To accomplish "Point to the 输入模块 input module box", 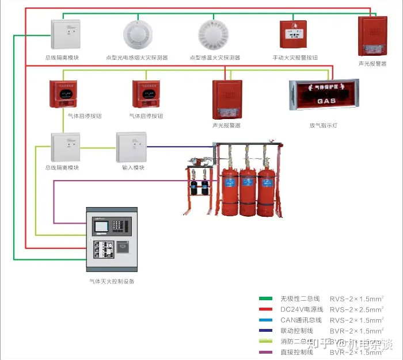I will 132,147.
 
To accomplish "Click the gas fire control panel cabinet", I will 112,239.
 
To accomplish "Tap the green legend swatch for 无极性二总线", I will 265,298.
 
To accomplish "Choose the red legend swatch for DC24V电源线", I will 265,309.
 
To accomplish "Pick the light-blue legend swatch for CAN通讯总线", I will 265,320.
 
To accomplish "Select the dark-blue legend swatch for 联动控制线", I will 265,330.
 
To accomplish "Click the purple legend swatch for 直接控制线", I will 265,351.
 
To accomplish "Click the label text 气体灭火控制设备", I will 112,281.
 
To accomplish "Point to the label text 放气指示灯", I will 324,125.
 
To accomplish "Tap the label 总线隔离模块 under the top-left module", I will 62,58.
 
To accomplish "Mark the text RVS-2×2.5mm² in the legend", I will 356,309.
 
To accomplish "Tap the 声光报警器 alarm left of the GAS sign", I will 226,98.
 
